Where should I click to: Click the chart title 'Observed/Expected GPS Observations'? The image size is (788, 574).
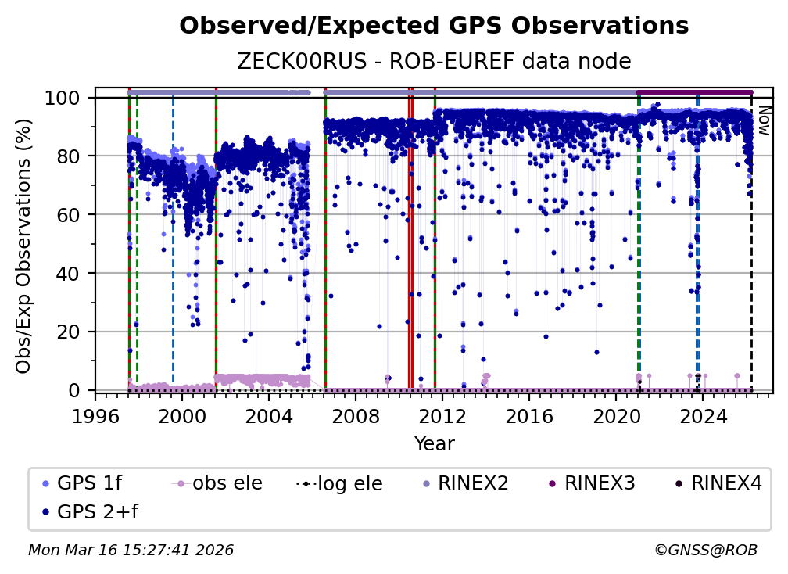tap(434, 27)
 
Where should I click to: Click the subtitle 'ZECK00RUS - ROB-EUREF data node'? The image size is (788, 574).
tap(434, 61)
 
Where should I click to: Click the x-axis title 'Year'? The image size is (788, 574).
tap(434, 444)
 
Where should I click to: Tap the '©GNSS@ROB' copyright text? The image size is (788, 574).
tap(705, 551)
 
